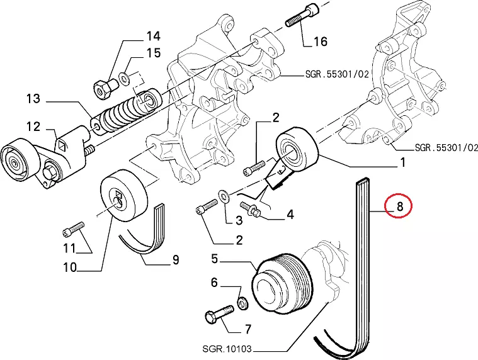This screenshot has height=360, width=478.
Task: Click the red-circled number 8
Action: [399, 206]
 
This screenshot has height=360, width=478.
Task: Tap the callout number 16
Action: [320, 42]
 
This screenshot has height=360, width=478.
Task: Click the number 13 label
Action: [33, 98]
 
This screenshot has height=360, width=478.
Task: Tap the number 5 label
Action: [214, 258]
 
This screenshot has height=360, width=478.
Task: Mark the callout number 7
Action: [248, 329]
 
